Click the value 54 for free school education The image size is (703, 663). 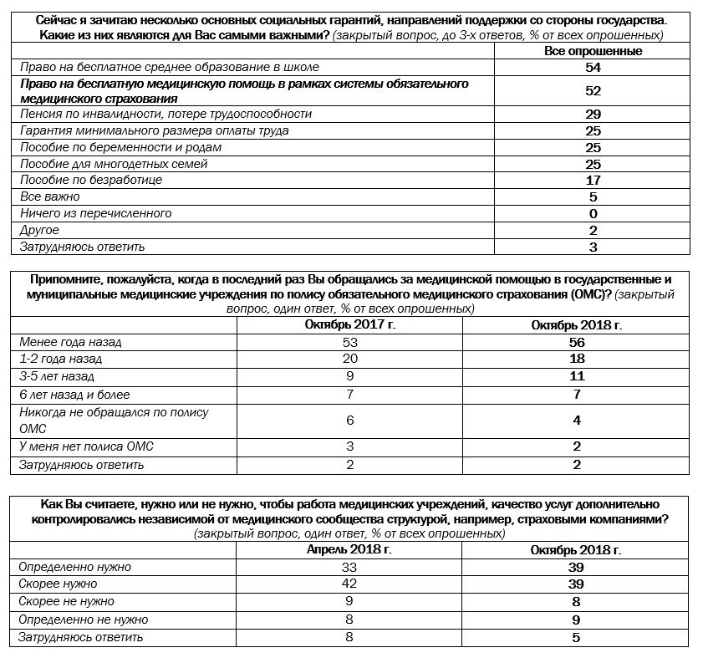(x=593, y=67)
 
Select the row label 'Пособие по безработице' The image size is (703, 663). (x=90, y=180)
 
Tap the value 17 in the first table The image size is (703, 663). (x=593, y=180)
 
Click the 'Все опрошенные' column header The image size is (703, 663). (x=593, y=51)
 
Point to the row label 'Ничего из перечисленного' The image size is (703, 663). (x=95, y=213)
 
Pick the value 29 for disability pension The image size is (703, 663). (x=593, y=114)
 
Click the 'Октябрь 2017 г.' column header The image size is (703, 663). (x=349, y=325)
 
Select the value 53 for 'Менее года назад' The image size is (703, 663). (x=349, y=343)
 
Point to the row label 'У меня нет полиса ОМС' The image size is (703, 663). (x=86, y=446)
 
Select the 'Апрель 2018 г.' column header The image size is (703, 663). (x=349, y=550)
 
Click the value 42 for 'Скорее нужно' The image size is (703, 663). (x=349, y=584)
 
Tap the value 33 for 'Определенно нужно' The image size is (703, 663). (x=349, y=567)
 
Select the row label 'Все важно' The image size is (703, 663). (x=49, y=196)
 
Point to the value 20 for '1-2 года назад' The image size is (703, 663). (x=349, y=360)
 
